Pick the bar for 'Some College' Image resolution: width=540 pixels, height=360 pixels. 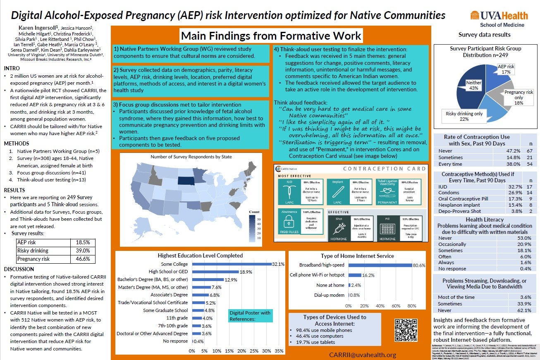pos(232,264)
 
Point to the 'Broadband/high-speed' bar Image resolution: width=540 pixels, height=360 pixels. pos(380,265)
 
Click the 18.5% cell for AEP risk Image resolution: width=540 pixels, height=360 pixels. pos(83,243)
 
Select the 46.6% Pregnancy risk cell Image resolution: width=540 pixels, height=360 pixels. pos(83,259)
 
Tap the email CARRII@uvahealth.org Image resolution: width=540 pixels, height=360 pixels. pos(363,355)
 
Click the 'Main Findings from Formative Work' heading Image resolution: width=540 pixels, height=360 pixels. pos(271,35)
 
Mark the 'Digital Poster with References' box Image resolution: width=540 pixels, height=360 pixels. pos(251,316)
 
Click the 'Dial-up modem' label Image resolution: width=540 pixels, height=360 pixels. pos(329,295)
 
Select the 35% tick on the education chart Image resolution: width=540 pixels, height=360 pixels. pos(279,351)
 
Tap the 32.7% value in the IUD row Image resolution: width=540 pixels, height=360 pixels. pos(507,186)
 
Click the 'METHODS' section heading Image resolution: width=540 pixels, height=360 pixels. pos(17,143)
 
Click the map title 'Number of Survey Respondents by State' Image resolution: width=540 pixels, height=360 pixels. pos(191,157)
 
